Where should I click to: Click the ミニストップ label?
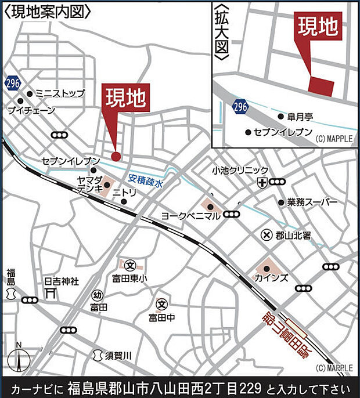pyautogui.click(x=60, y=93)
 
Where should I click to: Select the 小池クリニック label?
pyautogui.click(x=240, y=170)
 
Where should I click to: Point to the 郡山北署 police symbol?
pyautogui.click(x=267, y=235)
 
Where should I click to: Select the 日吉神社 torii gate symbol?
pyautogui.click(x=50, y=294)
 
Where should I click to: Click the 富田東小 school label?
pyautogui.click(x=132, y=278)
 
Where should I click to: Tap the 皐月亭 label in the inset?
pyautogui.click(x=300, y=117)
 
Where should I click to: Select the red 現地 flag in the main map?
pyautogui.click(x=125, y=97)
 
